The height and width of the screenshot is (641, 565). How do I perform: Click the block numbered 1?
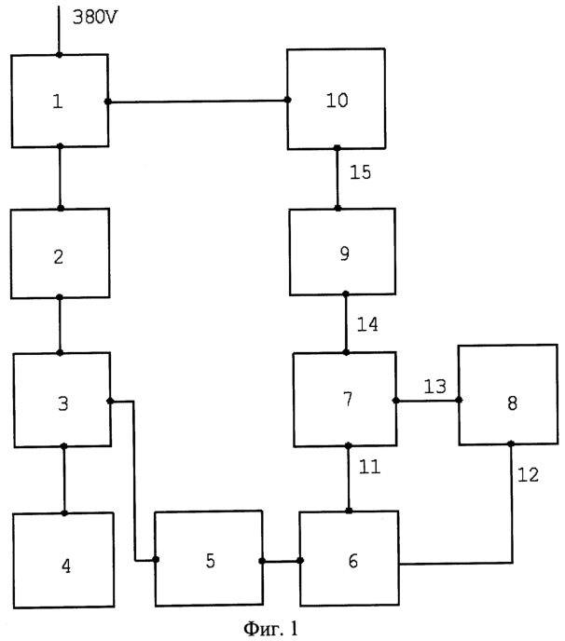60,101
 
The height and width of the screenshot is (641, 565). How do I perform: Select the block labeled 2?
61,253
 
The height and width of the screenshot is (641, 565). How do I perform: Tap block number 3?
62,400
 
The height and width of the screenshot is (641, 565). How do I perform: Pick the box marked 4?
63,561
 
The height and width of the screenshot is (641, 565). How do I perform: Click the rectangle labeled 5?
209,558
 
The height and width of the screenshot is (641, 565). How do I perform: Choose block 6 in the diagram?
349,558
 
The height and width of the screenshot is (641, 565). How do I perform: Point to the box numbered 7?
345,400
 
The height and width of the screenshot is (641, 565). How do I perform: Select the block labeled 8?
508,395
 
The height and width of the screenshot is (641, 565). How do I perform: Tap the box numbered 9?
342,252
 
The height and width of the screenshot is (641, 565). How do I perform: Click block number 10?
336,99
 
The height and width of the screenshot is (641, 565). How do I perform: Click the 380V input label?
95,17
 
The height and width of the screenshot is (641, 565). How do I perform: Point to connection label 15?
361,172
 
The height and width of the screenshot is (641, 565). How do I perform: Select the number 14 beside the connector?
367,324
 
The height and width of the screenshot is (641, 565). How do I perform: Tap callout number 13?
434,387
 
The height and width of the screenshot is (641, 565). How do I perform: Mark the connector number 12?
529,474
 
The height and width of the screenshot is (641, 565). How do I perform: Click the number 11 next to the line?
369,467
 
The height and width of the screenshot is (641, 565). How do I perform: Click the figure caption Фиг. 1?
270,628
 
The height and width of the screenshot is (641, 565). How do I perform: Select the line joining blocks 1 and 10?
198,101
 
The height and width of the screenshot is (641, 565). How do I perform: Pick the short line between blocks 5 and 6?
281,561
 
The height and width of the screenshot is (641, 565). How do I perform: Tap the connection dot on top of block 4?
64,513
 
